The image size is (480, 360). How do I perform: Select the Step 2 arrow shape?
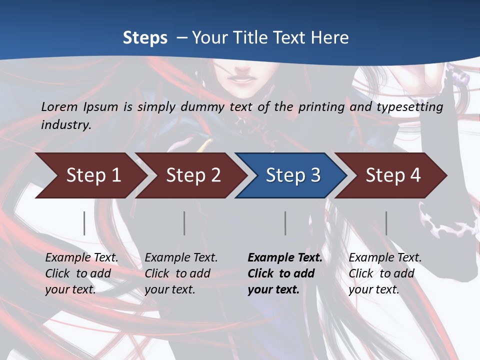coord(192,175)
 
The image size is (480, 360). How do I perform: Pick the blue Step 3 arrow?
coord(292,175)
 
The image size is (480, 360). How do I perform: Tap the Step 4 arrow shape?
coord(392,175)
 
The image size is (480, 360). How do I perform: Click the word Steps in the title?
coord(145,38)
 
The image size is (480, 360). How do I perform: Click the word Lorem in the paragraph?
coord(59,106)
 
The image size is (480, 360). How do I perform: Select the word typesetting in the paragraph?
coord(413,106)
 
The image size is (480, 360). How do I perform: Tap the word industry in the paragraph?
coord(66,124)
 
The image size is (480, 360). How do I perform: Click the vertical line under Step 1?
coord(84,223)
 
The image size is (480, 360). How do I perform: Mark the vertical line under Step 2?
coord(184,223)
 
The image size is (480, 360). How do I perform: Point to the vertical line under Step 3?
coord(285,223)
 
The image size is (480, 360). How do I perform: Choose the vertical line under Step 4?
coord(386,223)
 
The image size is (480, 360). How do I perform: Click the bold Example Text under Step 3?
coord(285,258)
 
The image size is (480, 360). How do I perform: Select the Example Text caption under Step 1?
coord(81,258)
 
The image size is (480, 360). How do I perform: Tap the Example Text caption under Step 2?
coord(181,258)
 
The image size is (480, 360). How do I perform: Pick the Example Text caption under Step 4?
coord(385,258)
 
